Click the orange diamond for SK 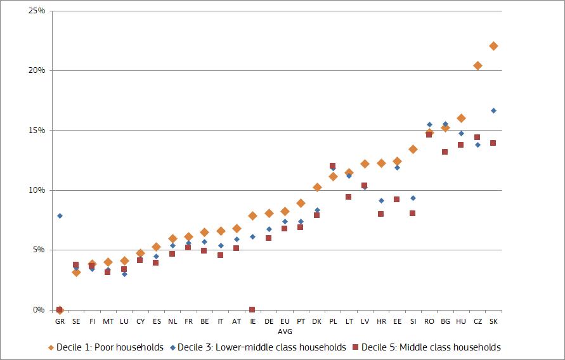493,46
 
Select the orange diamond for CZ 477,65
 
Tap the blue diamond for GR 60,215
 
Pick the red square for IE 252,309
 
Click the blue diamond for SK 493,110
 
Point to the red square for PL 332,166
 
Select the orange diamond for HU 461,118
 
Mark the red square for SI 413,213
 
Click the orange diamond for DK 317,187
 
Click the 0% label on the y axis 38,310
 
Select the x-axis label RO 429,322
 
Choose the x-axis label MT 108,322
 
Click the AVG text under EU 285,331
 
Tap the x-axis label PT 301,322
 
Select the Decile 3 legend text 261,347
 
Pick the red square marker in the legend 356,347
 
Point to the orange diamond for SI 413,149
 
